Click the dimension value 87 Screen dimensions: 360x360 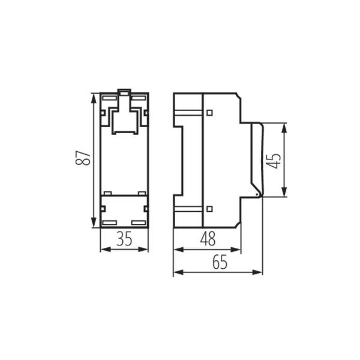[86, 158]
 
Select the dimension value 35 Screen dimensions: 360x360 [124, 239]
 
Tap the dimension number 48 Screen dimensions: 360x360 [208, 239]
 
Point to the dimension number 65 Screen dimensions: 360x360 [219, 262]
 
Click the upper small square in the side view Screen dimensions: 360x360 [209, 112]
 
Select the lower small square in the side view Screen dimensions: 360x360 [209, 209]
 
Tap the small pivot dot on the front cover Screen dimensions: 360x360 [257, 194]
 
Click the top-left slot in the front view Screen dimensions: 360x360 [109, 97]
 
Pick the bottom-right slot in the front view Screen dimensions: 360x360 [139, 223]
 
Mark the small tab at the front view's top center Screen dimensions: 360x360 [124, 92]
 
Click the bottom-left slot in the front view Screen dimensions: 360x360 [109, 223]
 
